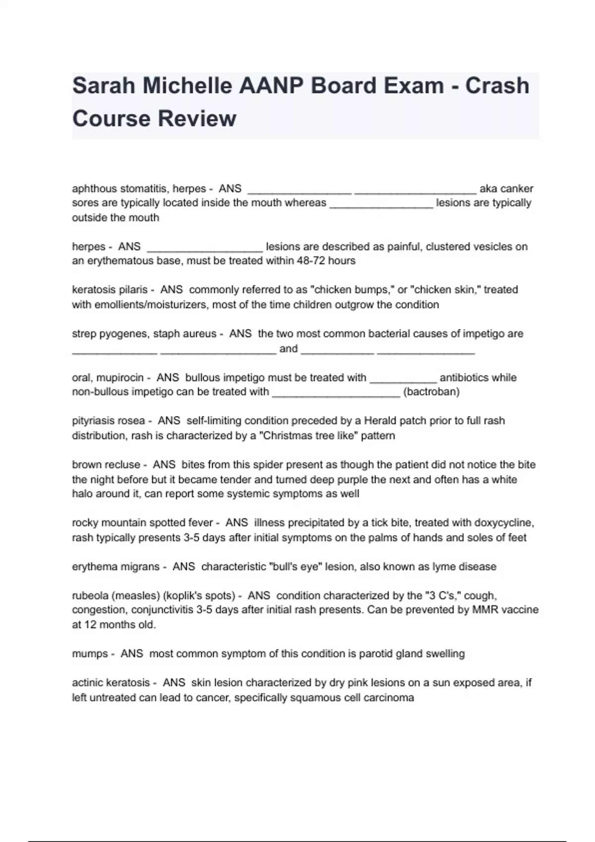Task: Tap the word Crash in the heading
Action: tap(497, 86)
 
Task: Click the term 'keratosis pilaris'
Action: tap(110, 290)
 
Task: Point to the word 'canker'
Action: tap(517, 189)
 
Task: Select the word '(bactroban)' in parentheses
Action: tap(431, 392)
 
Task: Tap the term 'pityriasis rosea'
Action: tap(109, 421)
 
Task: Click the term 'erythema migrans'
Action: tap(116, 567)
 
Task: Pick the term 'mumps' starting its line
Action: tap(90, 654)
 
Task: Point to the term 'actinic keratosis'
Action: tap(111, 683)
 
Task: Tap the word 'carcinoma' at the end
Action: tap(389, 698)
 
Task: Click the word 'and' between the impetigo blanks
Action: tap(289, 349)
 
